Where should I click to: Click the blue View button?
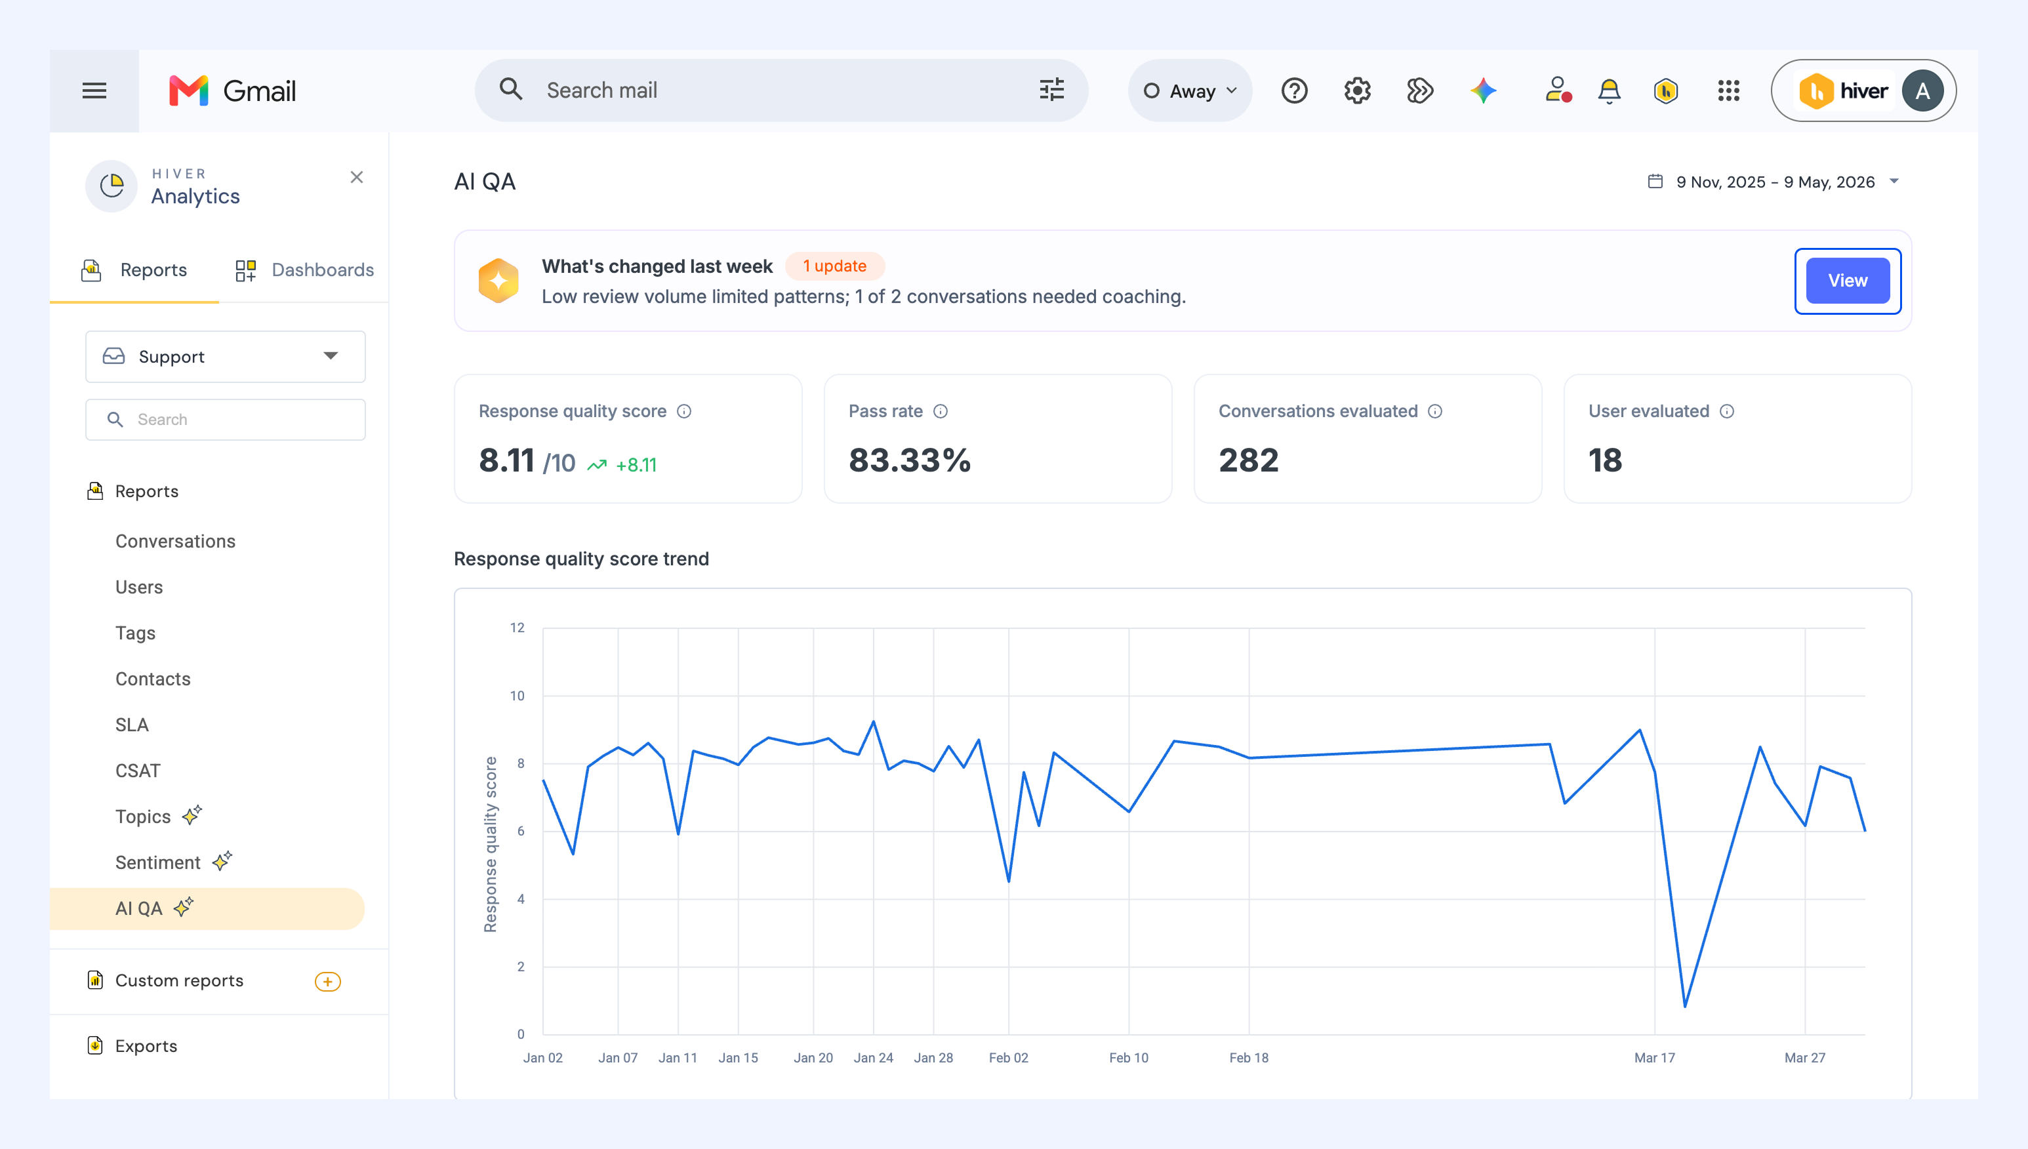click(1847, 281)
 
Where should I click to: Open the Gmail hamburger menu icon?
click(94, 91)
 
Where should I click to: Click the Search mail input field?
click(781, 91)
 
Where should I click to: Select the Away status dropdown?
click(1190, 91)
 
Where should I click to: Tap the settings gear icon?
click(1357, 91)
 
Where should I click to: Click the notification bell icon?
click(1609, 91)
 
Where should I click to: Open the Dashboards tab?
click(304, 270)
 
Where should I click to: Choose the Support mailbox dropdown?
click(226, 357)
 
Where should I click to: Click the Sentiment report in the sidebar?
click(158, 862)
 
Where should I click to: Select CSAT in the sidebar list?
click(138, 771)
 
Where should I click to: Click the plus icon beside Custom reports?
click(327, 982)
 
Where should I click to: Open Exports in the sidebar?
click(146, 1047)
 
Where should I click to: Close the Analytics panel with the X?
click(357, 178)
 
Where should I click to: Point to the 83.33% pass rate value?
click(910, 460)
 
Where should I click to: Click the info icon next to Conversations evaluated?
click(1435, 411)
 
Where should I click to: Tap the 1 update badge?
click(835, 266)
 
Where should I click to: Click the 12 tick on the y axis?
click(517, 628)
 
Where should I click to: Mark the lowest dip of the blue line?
click(1685, 1006)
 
